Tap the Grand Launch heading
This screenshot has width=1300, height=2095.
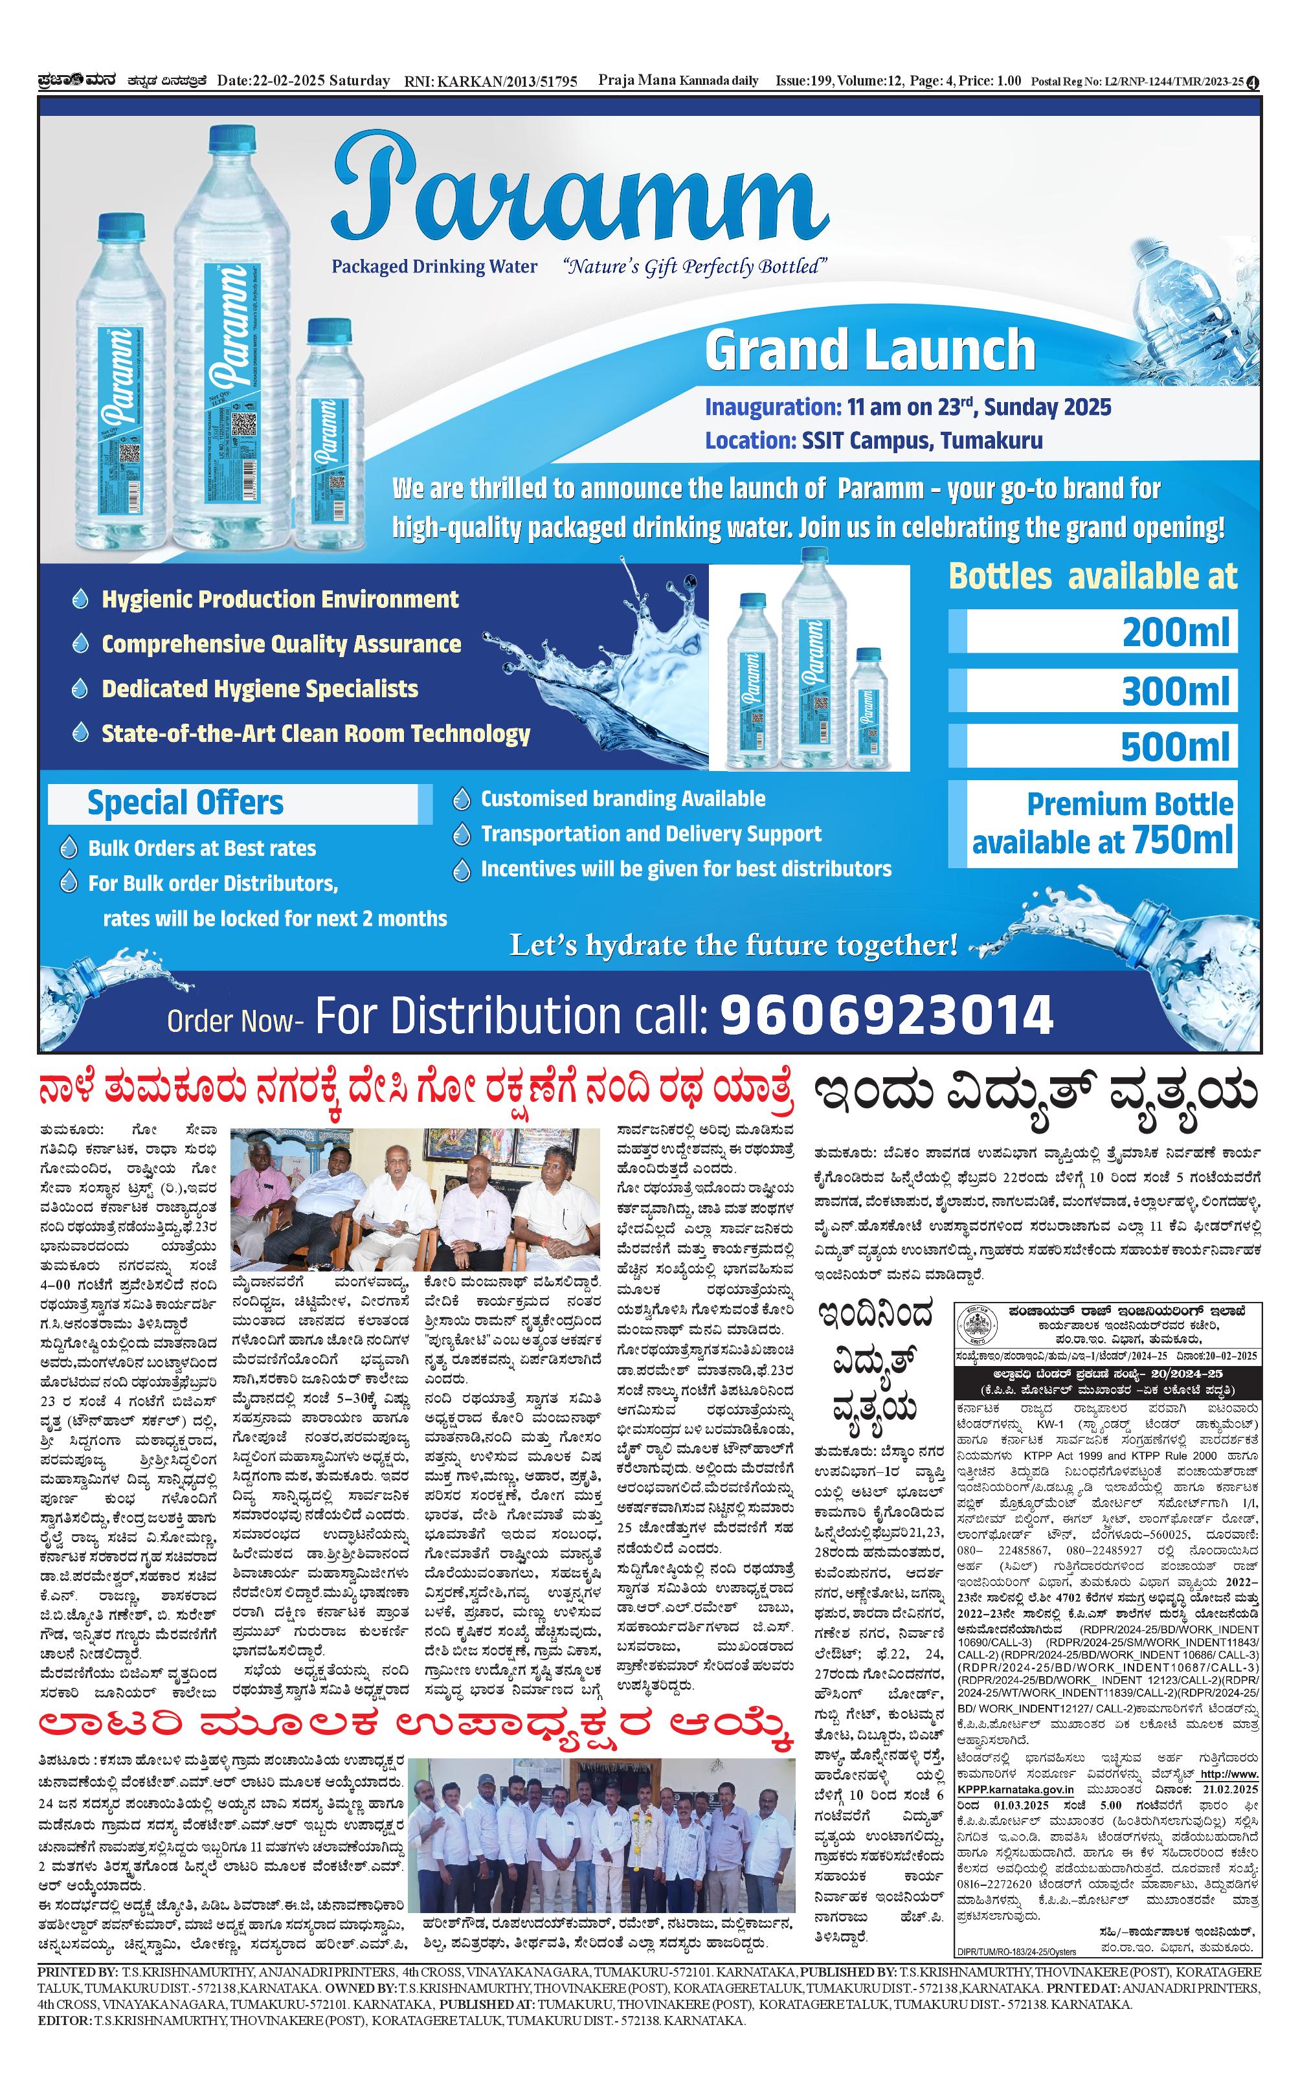tap(869, 349)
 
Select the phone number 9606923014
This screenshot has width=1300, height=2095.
tap(886, 1014)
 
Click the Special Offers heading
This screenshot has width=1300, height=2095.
tap(185, 803)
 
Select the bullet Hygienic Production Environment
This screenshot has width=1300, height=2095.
tap(280, 599)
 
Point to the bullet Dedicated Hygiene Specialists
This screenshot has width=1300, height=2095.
tap(260, 689)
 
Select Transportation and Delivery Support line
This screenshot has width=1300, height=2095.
tap(651, 834)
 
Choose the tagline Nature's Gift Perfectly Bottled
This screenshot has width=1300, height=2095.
tap(694, 267)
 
